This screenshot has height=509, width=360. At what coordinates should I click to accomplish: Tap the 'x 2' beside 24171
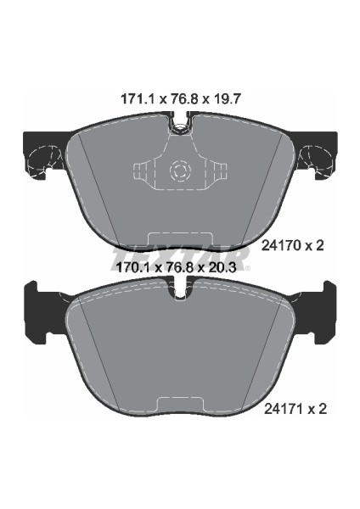tap(317, 408)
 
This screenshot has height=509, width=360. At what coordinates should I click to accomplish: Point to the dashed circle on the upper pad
tap(179, 171)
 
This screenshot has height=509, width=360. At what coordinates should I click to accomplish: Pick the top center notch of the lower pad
tap(179, 291)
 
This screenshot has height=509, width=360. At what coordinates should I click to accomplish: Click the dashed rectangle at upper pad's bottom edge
tap(179, 243)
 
